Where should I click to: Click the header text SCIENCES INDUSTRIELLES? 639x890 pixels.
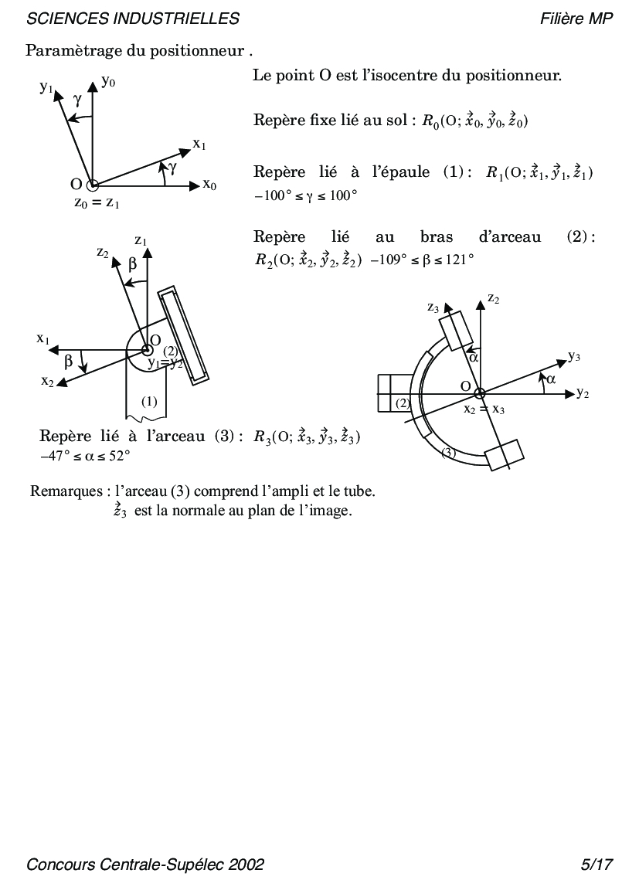tap(133, 19)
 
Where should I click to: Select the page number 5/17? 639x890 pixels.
tap(597, 865)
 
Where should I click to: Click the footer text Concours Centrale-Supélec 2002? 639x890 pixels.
tap(145, 865)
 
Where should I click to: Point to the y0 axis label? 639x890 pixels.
tap(109, 81)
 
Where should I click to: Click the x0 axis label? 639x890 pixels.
tap(209, 185)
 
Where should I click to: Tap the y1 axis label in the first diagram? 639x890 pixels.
tap(46, 87)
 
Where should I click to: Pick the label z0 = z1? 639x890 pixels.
tap(97, 203)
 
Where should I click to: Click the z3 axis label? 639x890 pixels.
tap(433, 307)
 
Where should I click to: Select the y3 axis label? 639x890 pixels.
tap(574, 356)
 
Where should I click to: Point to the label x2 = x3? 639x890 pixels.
tap(484, 409)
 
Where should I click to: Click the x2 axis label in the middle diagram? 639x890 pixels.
tap(47, 381)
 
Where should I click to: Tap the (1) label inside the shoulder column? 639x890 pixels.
tap(149, 401)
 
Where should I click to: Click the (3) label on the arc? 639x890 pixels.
tap(449, 453)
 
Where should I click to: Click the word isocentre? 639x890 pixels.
tap(413, 76)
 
